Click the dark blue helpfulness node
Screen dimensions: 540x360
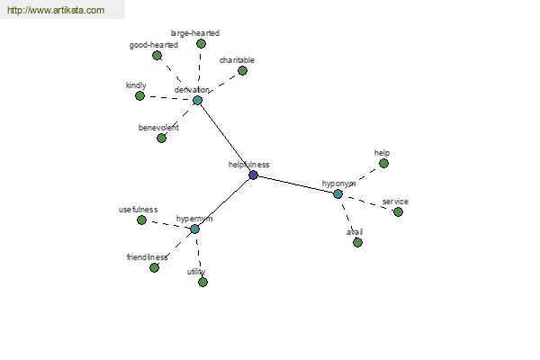[x=253, y=175]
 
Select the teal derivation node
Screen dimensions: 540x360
[x=197, y=101]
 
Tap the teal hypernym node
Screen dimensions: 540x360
[x=194, y=229]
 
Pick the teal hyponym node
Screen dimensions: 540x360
[x=337, y=194]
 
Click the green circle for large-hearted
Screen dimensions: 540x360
[x=201, y=44]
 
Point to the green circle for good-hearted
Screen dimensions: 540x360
[x=157, y=56]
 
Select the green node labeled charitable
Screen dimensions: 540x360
[x=242, y=70]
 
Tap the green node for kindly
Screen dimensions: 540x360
[x=139, y=95]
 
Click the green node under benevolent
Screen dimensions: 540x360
[x=161, y=138]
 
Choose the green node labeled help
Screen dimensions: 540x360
[x=383, y=163]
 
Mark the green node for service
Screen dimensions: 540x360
[x=398, y=211]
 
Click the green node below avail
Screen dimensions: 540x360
[x=358, y=242]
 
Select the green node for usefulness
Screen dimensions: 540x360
[x=141, y=220]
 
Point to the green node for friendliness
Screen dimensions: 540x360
[x=154, y=267]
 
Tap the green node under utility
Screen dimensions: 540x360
[x=202, y=282]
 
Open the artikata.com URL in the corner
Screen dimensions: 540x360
[x=56, y=10]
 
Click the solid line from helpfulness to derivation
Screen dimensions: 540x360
[x=225, y=138]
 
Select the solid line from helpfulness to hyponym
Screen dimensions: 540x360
[x=295, y=184]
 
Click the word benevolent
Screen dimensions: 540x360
[x=158, y=128]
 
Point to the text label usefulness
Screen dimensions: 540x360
[x=138, y=210]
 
